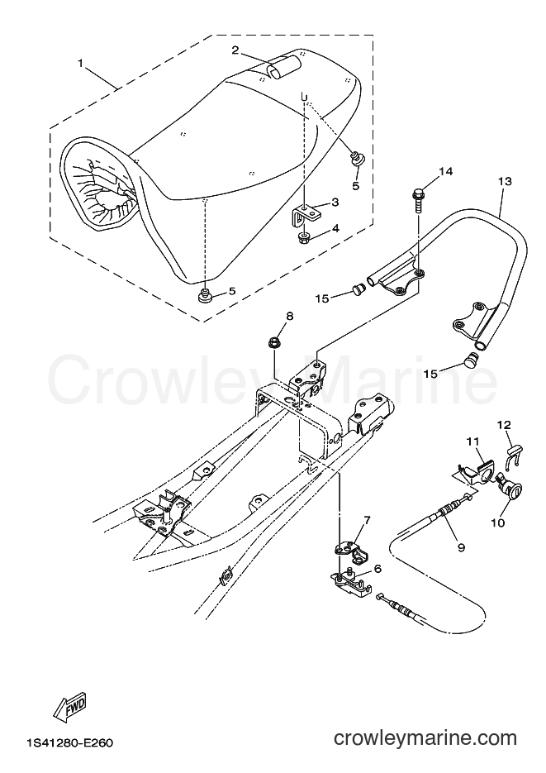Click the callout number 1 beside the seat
click(x=81, y=64)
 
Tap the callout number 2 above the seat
click(x=235, y=50)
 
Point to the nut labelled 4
click(x=304, y=237)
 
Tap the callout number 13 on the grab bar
click(x=505, y=181)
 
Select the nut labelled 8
click(x=273, y=341)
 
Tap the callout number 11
click(x=472, y=443)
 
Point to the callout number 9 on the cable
click(x=461, y=547)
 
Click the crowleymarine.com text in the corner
click(x=425, y=738)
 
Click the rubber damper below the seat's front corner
click(x=205, y=297)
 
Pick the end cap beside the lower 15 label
click(x=473, y=360)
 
